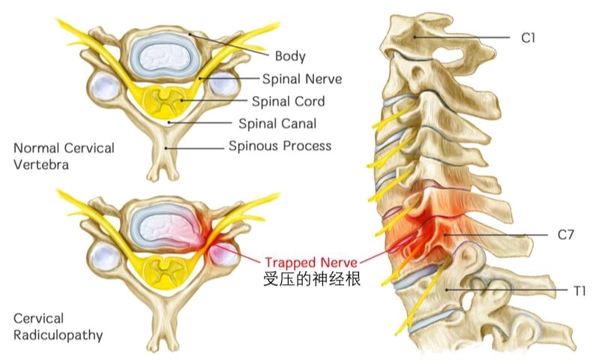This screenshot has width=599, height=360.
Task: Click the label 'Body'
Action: pyautogui.click(x=290, y=56)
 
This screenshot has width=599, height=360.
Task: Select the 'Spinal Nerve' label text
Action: pyautogui.click(x=302, y=79)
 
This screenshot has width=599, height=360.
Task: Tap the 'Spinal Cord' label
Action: pyautogui.click(x=288, y=101)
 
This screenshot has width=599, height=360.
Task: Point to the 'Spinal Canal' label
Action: pyautogui.click(x=277, y=124)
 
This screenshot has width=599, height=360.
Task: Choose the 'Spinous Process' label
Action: pyautogui.click(x=280, y=145)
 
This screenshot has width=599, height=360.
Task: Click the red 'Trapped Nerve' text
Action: pyautogui.click(x=311, y=262)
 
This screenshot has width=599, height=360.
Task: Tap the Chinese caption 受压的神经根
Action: pyautogui.click(x=312, y=279)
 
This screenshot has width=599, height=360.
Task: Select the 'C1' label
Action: pyautogui.click(x=528, y=37)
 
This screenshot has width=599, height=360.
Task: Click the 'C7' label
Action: pyautogui.click(x=565, y=234)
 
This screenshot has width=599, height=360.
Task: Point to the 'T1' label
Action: pyautogui.click(x=580, y=291)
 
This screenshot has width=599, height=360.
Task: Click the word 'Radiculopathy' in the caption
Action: pyautogui.click(x=58, y=335)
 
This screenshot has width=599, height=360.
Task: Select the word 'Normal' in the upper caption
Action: pyautogui.click(x=35, y=148)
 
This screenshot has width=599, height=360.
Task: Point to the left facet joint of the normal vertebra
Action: pyautogui.click(x=105, y=86)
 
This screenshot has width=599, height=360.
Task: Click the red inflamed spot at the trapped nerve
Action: pyautogui.click(x=208, y=244)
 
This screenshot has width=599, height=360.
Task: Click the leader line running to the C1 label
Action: pyautogui.click(x=463, y=37)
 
